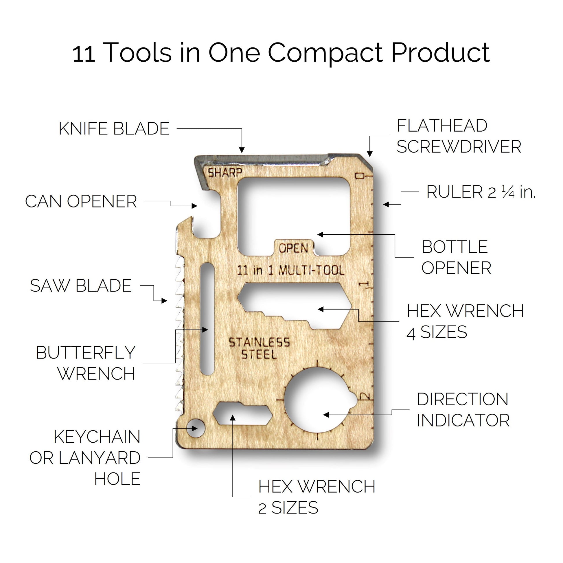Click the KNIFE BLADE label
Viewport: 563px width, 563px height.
[114, 128]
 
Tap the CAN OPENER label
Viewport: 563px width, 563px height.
[81, 201]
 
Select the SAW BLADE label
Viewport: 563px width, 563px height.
[81, 286]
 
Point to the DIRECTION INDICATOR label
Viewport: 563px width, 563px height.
[463, 409]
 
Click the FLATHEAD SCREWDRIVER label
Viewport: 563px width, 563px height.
[459, 136]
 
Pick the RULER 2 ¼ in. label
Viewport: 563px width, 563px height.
[481, 192]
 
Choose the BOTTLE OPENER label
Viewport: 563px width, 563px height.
[456, 257]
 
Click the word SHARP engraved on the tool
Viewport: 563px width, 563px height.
[225, 172]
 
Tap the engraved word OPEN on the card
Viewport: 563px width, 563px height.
[293, 248]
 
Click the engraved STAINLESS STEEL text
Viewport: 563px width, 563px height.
[259, 348]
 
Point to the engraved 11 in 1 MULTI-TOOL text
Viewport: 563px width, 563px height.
[290, 270]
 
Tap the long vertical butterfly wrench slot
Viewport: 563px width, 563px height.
[207, 319]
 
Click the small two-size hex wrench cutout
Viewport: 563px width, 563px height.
[242, 413]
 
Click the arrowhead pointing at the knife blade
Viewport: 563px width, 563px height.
[242, 150]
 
